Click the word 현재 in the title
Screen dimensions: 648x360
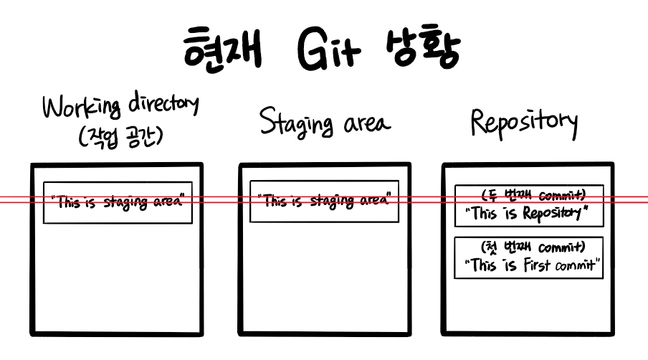click(x=221, y=49)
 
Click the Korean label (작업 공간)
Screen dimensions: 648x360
click(x=120, y=136)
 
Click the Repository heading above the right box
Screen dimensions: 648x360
click(x=524, y=122)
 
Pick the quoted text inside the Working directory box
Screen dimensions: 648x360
click(x=118, y=202)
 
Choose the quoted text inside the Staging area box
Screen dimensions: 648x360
click(x=324, y=201)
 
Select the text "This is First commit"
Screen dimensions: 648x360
click(x=532, y=265)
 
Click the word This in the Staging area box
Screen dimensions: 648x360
click(x=275, y=201)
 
